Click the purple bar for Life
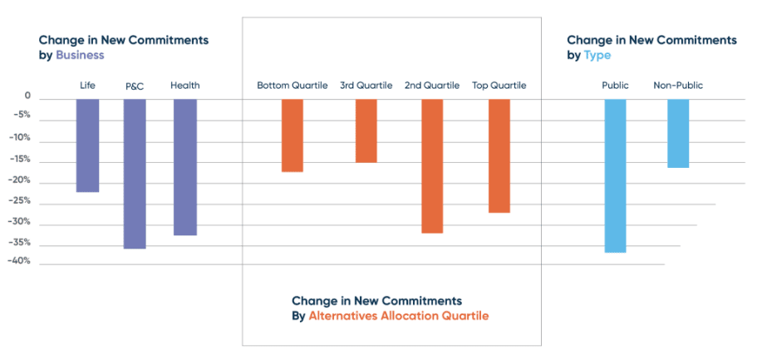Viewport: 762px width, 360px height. [x=87, y=145]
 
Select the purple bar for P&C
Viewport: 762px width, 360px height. [x=135, y=174]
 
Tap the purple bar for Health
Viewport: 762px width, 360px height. [x=185, y=167]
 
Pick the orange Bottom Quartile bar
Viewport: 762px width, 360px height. [x=292, y=136]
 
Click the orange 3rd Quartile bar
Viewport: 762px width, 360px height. [x=366, y=131]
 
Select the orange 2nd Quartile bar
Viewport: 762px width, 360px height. [x=432, y=166]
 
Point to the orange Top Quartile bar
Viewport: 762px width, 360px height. [x=499, y=155]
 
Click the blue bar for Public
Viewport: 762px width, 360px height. [x=615, y=175]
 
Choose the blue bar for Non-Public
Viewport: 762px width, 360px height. [x=678, y=133]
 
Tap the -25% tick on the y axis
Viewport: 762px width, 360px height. [x=21, y=201]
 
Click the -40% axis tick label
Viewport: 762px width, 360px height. [x=21, y=261]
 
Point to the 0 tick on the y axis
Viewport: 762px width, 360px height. [x=27, y=96]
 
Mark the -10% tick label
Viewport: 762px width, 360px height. [x=21, y=138]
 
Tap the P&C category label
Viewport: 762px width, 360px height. [x=135, y=86]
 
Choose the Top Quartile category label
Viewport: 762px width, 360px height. [x=499, y=85]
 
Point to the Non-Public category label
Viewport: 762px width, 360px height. [x=679, y=85]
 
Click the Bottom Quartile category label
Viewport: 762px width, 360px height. [x=292, y=85]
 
